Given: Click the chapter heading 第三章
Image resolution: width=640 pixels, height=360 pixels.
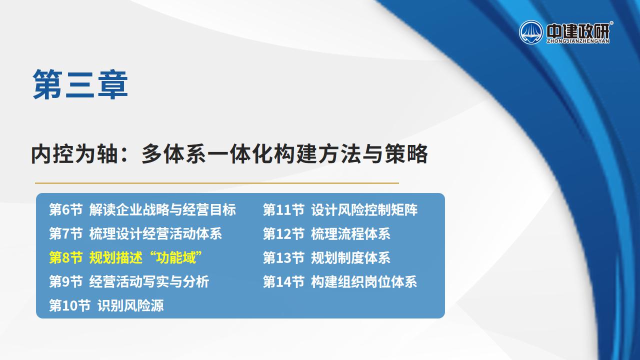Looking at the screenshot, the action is [80, 84].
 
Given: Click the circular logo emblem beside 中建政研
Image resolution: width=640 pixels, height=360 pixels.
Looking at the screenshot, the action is [531, 32].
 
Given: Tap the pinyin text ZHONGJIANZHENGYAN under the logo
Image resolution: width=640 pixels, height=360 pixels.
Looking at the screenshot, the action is [577, 41].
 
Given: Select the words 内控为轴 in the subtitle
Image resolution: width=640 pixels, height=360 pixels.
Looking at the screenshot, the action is [74, 154].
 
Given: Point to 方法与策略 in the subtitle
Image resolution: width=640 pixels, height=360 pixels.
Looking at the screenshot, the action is [373, 154].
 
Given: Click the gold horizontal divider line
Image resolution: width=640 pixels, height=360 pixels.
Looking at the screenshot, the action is [217, 183].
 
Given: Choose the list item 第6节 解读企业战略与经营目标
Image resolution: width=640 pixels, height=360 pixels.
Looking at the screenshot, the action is [142, 209].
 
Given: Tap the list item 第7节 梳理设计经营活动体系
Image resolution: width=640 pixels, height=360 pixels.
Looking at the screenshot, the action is [135, 233].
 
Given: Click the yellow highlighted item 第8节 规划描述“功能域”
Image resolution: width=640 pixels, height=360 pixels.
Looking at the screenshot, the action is [125, 257].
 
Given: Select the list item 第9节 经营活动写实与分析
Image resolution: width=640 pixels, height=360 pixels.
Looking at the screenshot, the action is [129, 281].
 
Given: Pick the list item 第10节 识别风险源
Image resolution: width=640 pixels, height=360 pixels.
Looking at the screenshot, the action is [106, 305].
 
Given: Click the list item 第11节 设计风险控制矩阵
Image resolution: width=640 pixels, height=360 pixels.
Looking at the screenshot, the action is [340, 209].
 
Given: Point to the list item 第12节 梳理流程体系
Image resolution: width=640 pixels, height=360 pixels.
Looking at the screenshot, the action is [326, 233].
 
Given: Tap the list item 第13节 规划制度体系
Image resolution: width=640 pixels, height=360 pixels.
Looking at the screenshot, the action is [326, 257].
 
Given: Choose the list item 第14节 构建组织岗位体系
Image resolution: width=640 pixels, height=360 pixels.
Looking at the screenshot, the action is [340, 281].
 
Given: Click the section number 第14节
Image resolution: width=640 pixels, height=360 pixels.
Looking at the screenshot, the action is [283, 281].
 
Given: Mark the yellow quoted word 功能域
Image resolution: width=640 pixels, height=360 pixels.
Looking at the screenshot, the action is [175, 257].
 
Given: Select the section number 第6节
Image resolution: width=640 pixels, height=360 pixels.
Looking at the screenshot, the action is [66, 209].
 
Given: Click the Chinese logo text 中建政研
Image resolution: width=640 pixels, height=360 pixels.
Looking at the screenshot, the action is [577, 31].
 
